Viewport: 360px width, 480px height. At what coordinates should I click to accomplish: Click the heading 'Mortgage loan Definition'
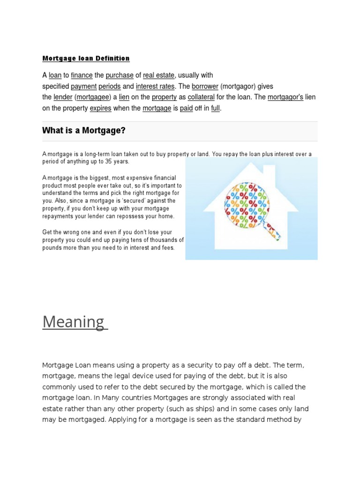86,59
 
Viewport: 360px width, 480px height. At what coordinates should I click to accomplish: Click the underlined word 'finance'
82,75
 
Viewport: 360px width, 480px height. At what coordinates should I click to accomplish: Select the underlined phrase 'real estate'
158,75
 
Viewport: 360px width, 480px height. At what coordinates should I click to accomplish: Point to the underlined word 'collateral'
201,97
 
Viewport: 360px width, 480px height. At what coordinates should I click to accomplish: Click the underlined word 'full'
215,109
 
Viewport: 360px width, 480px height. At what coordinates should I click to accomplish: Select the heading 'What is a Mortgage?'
84,131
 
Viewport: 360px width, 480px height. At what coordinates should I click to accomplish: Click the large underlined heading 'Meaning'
74,322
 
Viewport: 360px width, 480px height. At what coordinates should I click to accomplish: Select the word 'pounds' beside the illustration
52,247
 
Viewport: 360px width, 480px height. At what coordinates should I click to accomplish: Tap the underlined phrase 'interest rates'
155,86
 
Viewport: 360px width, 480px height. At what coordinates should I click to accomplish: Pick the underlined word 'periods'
109,86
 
